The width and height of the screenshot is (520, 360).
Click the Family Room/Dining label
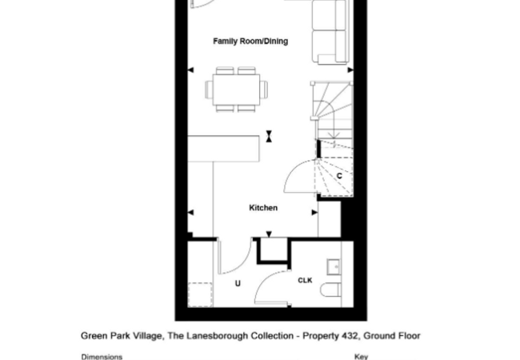pyautogui.click(x=250, y=42)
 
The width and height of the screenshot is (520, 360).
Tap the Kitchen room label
pyautogui.click(x=263, y=208)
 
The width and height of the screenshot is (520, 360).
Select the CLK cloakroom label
pyautogui.click(x=305, y=281)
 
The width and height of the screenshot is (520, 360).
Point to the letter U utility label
pyautogui.click(x=238, y=283)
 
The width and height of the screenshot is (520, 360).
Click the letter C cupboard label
pyautogui.click(x=339, y=176)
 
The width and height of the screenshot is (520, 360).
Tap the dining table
pyautogui.click(x=237, y=90)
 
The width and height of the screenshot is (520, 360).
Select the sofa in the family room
pyautogui.click(x=330, y=32)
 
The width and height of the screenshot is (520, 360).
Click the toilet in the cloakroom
pyautogui.click(x=330, y=290)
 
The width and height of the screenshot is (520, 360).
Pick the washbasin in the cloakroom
pyautogui.click(x=334, y=267)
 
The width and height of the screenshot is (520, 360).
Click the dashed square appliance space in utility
pyautogui.click(x=200, y=294)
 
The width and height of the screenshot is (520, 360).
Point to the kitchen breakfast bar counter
pyautogui.click(x=223, y=149)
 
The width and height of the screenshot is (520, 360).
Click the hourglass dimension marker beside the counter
pyautogui.click(x=269, y=136)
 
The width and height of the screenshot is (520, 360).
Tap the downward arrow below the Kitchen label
pyautogui.click(x=269, y=234)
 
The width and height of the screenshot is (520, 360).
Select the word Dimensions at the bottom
pyautogui.click(x=102, y=357)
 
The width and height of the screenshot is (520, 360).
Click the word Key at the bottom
pyautogui.click(x=361, y=357)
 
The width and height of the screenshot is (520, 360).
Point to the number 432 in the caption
pyautogui.click(x=350, y=336)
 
